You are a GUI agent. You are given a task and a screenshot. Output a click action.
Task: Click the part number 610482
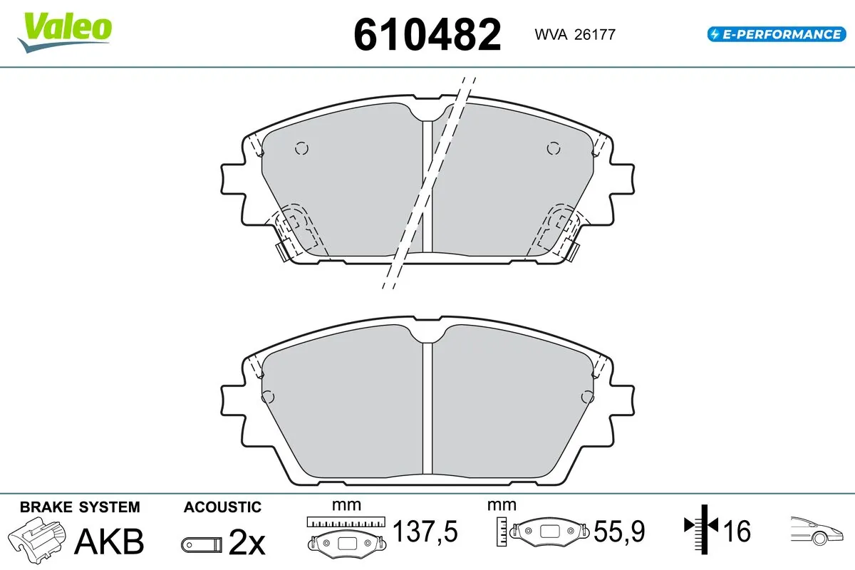point(427,34)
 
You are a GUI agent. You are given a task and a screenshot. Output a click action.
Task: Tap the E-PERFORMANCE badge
point(775,33)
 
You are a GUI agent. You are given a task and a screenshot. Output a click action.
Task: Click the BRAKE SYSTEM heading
point(80,507)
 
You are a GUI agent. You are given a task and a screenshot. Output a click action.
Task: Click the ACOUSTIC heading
point(222,507)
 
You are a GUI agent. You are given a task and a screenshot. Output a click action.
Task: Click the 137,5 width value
point(425,531)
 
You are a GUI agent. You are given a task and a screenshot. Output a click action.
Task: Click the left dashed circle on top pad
point(301,148)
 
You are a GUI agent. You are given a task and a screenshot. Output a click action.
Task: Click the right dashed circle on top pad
point(553,148)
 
